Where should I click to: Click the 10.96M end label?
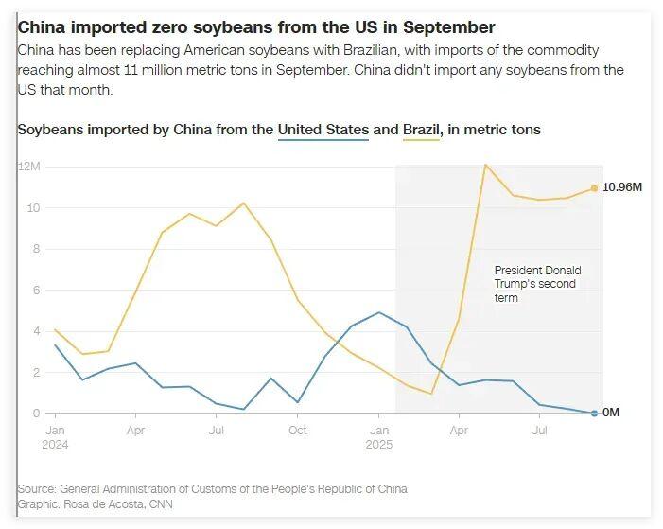623,187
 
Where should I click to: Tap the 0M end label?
612,413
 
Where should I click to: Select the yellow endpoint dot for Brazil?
594,188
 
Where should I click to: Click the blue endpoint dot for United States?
594,413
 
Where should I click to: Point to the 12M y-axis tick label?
28,167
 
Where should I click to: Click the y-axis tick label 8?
36,249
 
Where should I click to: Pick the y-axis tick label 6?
36,291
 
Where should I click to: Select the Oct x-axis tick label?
298,431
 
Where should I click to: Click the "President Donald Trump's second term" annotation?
537,284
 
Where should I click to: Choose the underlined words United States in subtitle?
323,129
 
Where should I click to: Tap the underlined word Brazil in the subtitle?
422,129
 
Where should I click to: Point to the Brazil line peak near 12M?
485,166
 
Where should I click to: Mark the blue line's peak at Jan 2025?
378,312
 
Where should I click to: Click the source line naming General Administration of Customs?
212,488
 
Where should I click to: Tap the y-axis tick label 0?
36,414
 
